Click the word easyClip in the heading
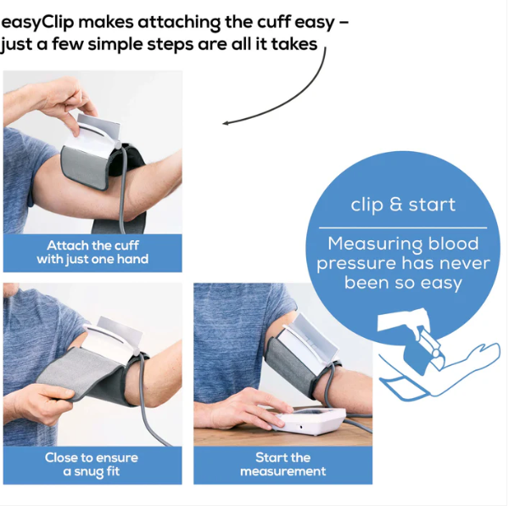pos(37,23)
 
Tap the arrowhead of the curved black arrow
pos(226,123)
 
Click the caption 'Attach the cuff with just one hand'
pos(92,252)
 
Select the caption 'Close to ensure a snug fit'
pos(92,464)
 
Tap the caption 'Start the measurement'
pos(283,464)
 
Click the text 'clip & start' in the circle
pos(403,205)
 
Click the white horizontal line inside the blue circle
pos(403,228)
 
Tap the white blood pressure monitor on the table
pos(309,420)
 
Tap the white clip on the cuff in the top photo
pos(94,133)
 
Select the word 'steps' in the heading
pos(171,45)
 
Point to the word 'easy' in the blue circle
pos(441,284)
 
